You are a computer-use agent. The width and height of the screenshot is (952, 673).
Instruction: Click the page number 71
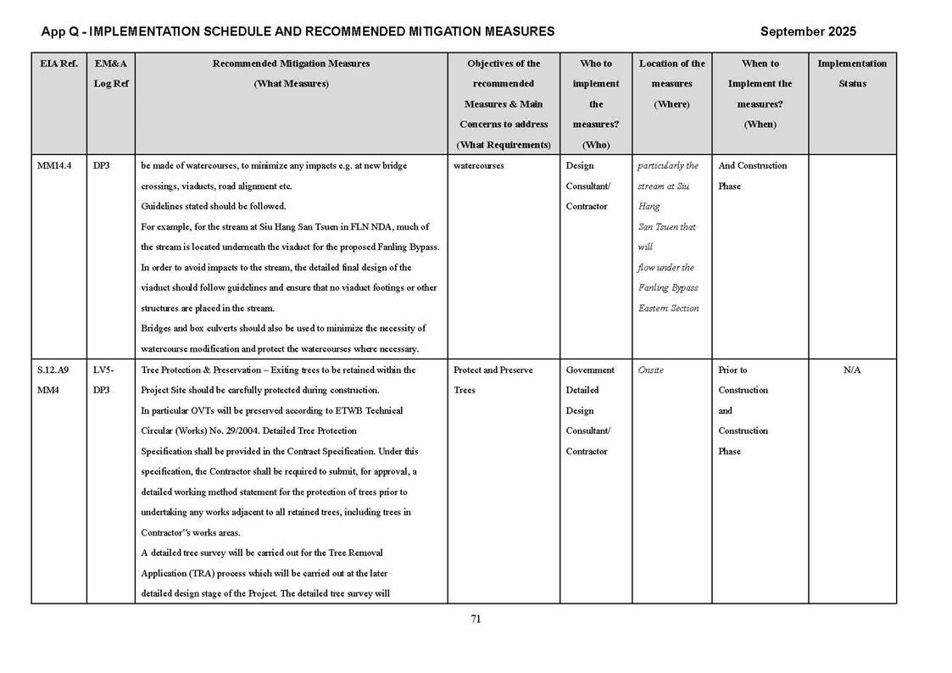[x=476, y=619]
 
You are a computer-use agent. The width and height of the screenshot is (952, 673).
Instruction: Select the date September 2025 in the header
[x=808, y=31]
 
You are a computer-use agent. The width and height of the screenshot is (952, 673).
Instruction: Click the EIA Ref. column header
[x=58, y=64]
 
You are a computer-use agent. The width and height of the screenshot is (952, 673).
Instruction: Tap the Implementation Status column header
[x=852, y=74]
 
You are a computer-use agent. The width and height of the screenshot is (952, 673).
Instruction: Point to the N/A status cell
[x=852, y=370]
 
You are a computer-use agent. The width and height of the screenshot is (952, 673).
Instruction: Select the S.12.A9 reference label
[x=53, y=370]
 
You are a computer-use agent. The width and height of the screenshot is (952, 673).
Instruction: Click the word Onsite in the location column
[x=650, y=370]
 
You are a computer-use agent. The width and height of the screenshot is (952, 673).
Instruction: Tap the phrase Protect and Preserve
[x=493, y=370]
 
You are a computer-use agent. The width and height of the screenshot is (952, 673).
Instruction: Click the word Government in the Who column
[x=590, y=370]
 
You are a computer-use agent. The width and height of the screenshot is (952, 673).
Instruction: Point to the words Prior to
[x=734, y=370]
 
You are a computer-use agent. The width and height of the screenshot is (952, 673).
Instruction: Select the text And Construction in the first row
[x=753, y=166]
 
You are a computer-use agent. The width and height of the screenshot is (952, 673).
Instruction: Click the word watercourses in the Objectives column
[x=479, y=166]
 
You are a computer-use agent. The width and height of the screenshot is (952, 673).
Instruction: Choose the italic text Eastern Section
[x=668, y=309]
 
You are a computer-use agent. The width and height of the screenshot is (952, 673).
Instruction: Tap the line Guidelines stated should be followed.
[x=213, y=207]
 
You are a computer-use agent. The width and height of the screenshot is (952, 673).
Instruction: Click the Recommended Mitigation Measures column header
[x=291, y=64]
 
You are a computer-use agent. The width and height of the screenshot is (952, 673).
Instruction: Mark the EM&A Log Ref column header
[x=110, y=74]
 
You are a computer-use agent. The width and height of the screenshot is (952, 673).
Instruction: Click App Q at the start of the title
[x=61, y=31]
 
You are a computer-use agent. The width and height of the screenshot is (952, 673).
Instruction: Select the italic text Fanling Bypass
[x=668, y=288]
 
